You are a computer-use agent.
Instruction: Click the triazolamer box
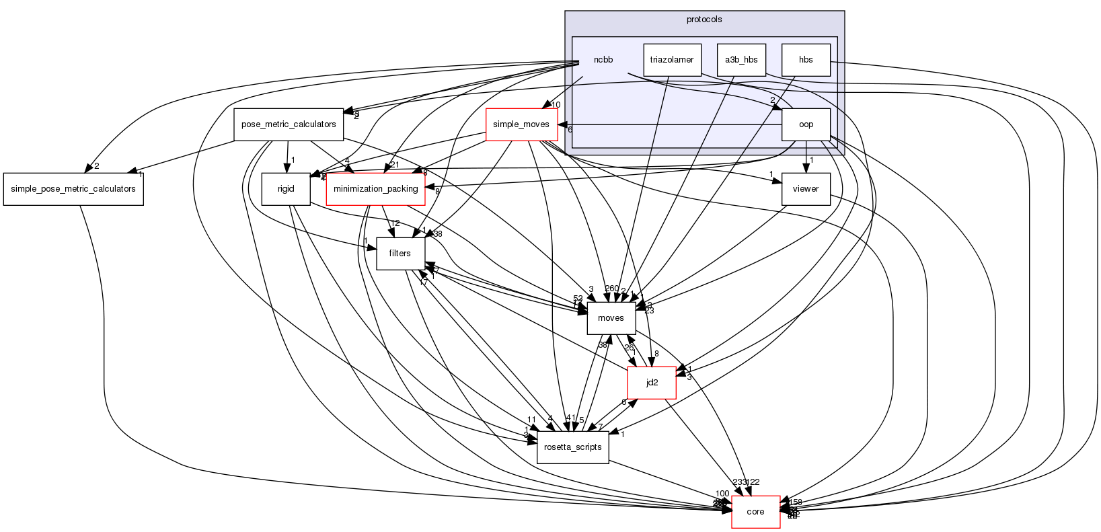pos(672,60)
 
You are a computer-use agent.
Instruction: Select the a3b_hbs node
pos(741,60)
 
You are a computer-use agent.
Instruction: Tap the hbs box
pos(805,60)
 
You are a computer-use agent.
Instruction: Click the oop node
pos(805,124)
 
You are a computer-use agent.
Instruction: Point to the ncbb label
pos(603,60)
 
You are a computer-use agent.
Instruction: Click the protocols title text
pos(704,20)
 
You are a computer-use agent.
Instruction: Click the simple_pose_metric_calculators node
pos(73,189)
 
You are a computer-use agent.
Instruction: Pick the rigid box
pos(286,189)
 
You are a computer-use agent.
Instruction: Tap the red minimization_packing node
pos(375,189)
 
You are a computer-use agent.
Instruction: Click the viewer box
pos(805,189)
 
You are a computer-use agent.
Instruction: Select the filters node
pos(400,254)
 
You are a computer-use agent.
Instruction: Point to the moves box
pos(611,318)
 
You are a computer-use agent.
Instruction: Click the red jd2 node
pos(651,383)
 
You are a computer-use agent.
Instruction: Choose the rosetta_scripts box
pos(572,447)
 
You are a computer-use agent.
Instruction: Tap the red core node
pos(755,512)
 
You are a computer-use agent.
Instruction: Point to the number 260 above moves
pos(611,289)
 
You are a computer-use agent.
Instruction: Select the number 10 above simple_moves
pos(556,105)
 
